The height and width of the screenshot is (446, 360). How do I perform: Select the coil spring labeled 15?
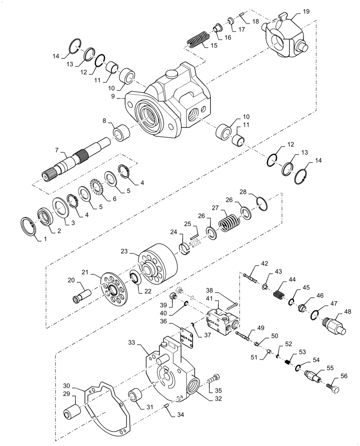(x=197, y=39)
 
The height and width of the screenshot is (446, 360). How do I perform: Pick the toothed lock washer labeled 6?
(x=97, y=187)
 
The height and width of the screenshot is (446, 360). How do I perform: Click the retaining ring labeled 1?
(x=29, y=225)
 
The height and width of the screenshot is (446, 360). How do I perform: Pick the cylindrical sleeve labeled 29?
(x=71, y=412)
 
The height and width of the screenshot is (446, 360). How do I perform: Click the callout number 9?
(x=113, y=95)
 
